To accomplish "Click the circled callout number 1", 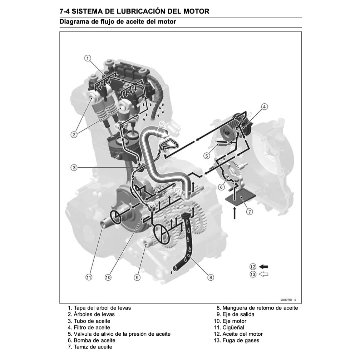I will tap(88, 58).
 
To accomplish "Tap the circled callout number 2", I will tap(74, 134).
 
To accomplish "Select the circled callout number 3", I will tap(74, 167).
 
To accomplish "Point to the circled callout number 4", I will tap(264, 106).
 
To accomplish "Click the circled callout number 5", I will tap(207, 156).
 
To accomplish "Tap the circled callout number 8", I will tap(211, 277).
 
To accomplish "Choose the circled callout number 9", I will tap(137, 277).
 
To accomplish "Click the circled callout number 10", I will tap(108, 277).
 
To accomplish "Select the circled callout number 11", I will tap(88, 277).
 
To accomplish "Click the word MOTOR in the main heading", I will tap(194, 11).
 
